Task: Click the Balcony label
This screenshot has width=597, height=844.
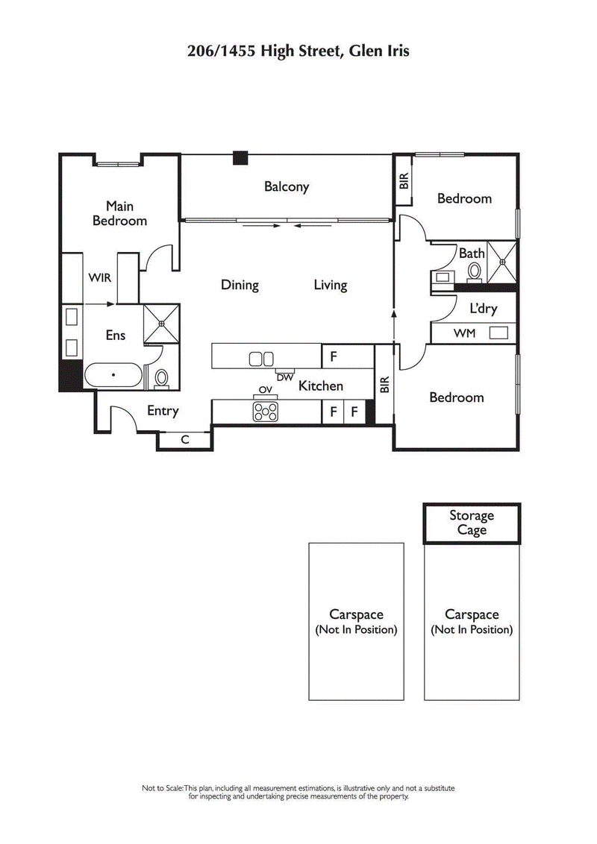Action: tap(287, 187)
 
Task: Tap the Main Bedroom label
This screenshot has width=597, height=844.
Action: tap(119, 213)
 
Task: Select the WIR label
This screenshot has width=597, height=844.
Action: tap(99, 278)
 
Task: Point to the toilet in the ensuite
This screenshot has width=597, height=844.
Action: tap(161, 377)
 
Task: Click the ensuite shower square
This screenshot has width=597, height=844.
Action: tap(161, 323)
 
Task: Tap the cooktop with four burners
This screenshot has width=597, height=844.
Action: tap(264, 410)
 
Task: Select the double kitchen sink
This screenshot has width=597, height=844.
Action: tap(261, 359)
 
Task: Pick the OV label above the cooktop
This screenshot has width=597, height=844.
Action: tap(264, 390)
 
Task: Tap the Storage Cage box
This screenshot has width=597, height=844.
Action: tap(471, 523)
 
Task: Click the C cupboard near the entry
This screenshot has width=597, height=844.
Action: tap(185, 440)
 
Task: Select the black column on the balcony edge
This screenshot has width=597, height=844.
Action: tap(240, 157)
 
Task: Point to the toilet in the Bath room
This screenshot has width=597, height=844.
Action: tap(475, 272)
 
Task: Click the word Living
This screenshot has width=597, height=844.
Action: tap(330, 285)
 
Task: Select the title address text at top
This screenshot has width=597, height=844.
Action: tap(298, 51)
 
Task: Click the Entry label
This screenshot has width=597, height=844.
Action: tap(163, 411)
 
